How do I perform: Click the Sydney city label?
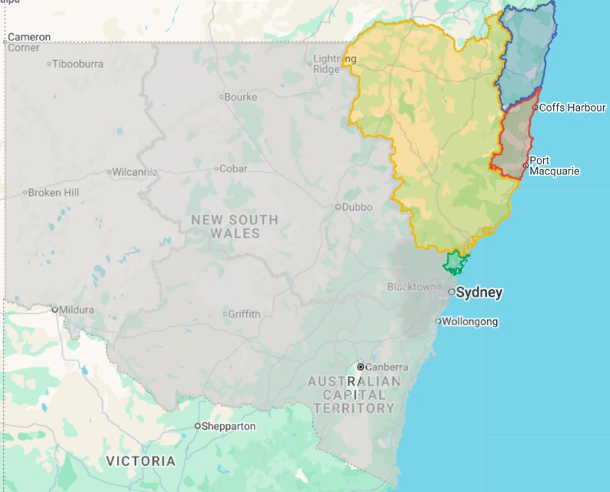point(479,292)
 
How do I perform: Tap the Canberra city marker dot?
point(360,367)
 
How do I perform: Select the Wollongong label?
point(470,321)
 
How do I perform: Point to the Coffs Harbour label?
point(572,108)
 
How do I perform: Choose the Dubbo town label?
point(358,207)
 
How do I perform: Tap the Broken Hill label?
point(54,192)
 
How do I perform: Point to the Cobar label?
point(234,168)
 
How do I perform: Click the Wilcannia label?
point(135,171)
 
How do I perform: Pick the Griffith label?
point(244,314)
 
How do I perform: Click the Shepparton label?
point(228,426)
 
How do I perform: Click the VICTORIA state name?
point(141,461)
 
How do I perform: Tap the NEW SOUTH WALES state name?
point(235,227)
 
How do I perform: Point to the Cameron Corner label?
point(29,42)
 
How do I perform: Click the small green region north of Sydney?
point(455,263)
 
